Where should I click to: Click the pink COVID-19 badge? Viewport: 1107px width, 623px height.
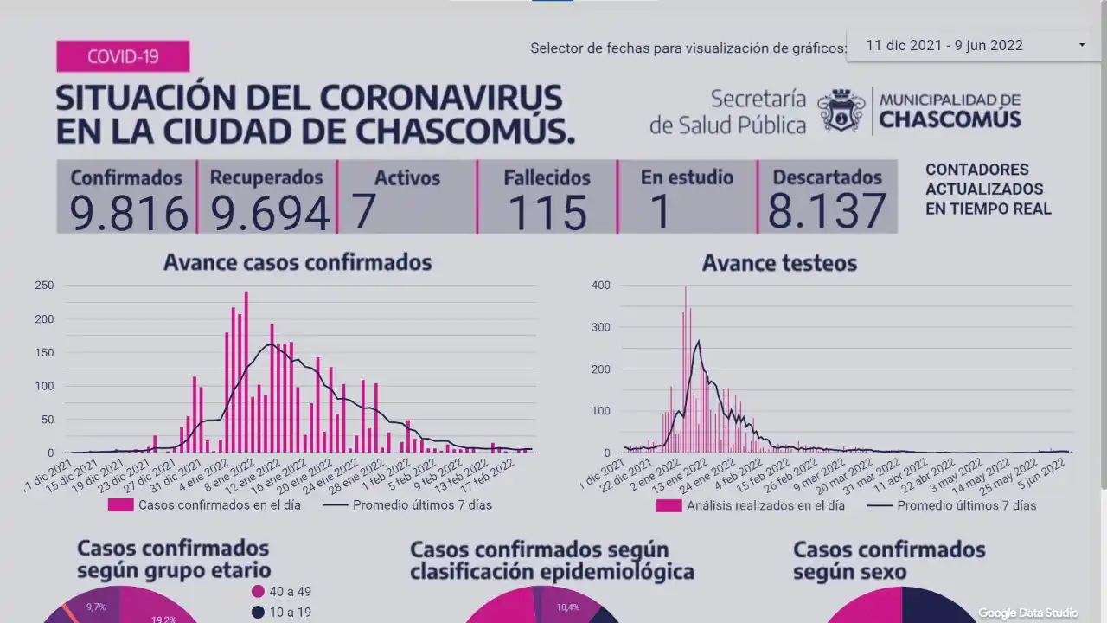click(x=123, y=57)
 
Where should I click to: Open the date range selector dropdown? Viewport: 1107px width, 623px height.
click(x=1081, y=45)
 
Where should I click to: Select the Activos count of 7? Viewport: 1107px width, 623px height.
click(x=364, y=212)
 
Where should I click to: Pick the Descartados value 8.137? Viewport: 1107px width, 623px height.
click(x=827, y=212)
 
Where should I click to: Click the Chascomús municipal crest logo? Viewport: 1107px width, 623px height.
click(x=841, y=111)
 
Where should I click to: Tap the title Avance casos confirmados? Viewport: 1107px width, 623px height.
click(x=298, y=261)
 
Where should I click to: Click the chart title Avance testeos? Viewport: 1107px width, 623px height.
click(x=779, y=262)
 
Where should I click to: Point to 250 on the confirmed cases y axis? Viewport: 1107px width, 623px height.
click(x=43, y=286)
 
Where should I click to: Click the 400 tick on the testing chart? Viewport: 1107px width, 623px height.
click(x=600, y=286)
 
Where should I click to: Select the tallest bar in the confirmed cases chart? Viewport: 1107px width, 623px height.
click(x=246, y=372)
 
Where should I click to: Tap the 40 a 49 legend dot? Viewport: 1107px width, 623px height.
click(x=257, y=592)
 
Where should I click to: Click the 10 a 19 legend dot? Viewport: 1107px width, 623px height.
click(x=257, y=613)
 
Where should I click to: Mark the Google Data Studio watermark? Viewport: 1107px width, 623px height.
click(x=1028, y=613)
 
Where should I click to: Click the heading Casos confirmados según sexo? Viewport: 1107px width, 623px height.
click(x=889, y=561)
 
